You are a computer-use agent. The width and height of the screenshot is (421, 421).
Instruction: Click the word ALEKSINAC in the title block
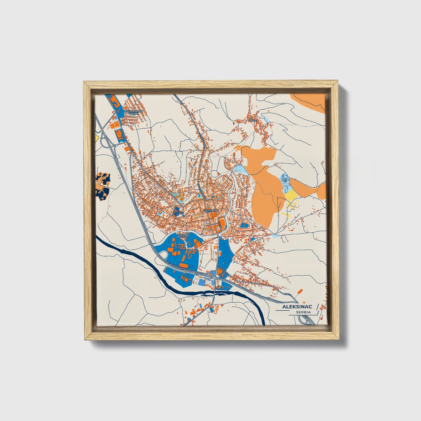(297, 307)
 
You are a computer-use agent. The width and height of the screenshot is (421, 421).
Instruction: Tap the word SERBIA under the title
(303, 312)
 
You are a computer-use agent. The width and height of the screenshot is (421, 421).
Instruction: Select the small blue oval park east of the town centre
(244, 225)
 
